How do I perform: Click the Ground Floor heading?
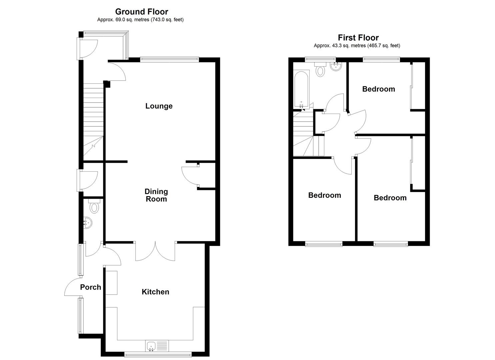click(142, 11)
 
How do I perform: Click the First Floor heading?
click(358, 38)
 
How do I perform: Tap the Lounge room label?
click(159, 106)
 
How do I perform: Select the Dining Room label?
click(156, 195)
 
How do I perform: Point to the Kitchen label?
click(155, 292)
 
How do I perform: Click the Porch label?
click(91, 287)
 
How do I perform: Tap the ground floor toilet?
click(94, 206)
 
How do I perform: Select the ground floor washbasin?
click(88, 223)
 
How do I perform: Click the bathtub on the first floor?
click(301, 89)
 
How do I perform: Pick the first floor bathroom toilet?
click(320, 69)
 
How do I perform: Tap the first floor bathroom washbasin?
click(336, 67)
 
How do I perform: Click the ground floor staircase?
click(93, 122)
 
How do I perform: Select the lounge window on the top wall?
click(169, 59)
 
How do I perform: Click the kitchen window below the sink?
click(158, 355)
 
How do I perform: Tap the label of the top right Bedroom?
click(379, 89)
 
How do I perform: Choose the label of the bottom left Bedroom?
click(324, 195)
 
